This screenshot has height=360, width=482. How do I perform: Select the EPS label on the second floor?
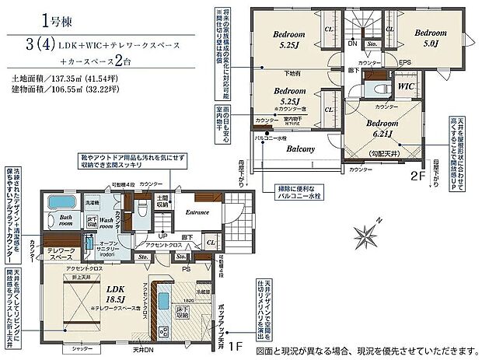tap(405, 61)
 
